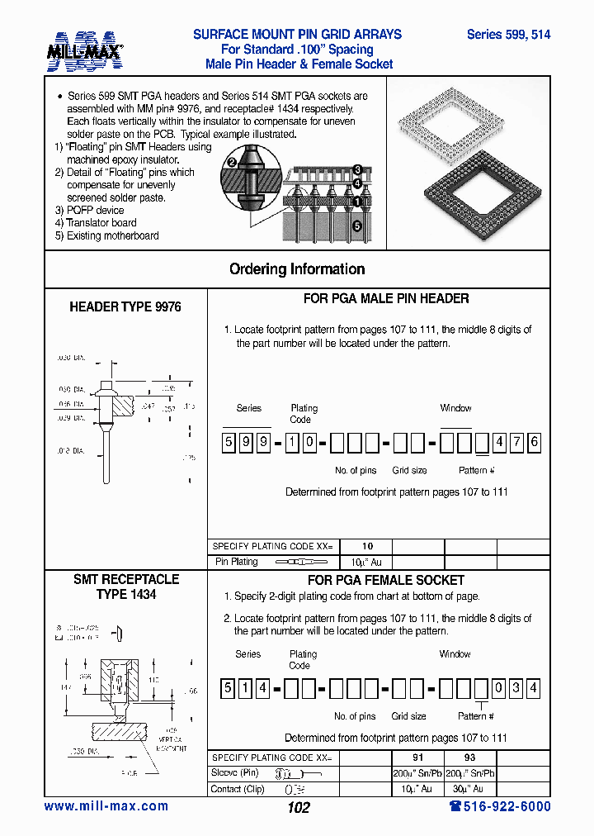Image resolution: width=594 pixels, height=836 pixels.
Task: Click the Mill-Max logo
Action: (x=86, y=50)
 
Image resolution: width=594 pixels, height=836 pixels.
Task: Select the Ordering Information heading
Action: (x=297, y=269)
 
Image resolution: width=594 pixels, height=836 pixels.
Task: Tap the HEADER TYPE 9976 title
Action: (x=125, y=306)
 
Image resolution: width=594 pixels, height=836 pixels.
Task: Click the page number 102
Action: (x=298, y=808)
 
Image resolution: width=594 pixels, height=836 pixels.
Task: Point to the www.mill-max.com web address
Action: (x=106, y=806)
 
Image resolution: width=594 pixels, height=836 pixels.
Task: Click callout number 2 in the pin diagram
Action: (x=233, y=163)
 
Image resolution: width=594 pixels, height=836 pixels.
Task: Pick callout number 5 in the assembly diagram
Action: (x=357, y=225)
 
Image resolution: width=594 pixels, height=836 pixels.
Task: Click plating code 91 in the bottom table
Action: (x=417, y=758)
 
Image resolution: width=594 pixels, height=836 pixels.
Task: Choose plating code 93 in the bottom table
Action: (x=469, y=758)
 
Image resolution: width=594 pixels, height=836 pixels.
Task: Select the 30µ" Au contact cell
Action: (x=469, y=789)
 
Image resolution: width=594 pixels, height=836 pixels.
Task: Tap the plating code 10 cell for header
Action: (x=367, y=546)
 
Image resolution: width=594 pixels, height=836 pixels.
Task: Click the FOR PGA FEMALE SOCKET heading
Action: (x=385, y=580)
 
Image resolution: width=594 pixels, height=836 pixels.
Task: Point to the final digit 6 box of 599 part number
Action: (x=534, y=443)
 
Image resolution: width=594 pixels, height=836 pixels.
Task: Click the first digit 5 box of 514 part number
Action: (x=227, y=688)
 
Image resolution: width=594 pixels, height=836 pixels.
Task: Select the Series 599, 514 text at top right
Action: (x=508, y=35)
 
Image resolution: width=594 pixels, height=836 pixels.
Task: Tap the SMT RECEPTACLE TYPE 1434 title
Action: (x=125, y=587)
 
